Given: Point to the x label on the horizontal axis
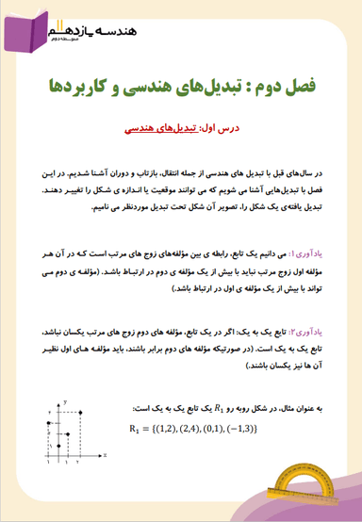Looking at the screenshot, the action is [x=107, y=454].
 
